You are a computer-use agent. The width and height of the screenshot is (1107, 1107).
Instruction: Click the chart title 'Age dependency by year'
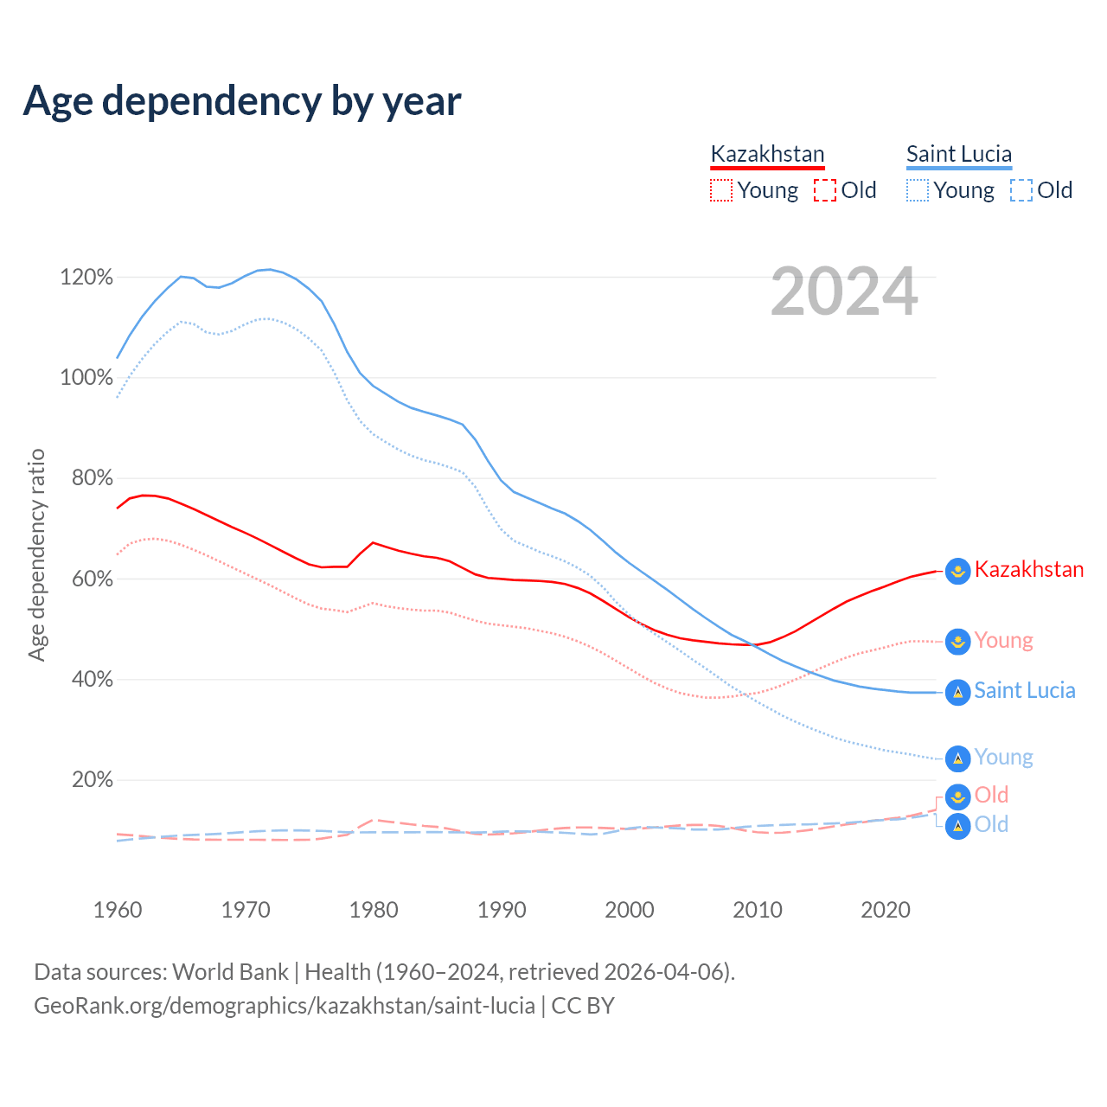[242, 101]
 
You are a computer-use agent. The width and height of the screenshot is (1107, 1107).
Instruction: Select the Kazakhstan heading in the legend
[767, 155]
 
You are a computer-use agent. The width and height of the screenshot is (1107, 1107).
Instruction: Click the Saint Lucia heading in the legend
[958, 155]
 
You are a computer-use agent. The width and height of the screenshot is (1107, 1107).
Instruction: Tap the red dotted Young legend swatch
[721, 190]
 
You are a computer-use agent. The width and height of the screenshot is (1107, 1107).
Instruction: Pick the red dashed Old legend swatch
[825, 190]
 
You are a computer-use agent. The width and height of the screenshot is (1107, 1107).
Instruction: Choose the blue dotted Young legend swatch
[918, 190]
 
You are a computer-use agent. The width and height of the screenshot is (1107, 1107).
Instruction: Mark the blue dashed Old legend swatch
[1021, 190]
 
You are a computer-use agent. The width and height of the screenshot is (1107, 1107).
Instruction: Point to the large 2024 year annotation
[844, 292]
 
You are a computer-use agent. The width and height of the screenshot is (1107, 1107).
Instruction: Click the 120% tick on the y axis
[86, 278]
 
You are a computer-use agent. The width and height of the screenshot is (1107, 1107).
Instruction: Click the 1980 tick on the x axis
[374, 910]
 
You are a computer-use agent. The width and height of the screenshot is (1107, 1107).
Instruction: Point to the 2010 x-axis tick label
[758, 910]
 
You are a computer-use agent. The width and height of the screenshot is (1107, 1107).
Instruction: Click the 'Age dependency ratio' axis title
[36, 554]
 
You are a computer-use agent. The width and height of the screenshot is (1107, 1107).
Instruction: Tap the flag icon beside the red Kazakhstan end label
[957, 571]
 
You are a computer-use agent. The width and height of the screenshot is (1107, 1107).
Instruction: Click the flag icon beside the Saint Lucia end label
[957, 692]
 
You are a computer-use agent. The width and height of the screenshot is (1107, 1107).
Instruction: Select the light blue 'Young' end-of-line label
[1003, 758]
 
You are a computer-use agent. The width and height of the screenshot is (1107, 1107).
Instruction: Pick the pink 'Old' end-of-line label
[991, 795]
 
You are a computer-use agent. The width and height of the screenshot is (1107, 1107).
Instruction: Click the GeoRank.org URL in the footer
[284, 1006]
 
